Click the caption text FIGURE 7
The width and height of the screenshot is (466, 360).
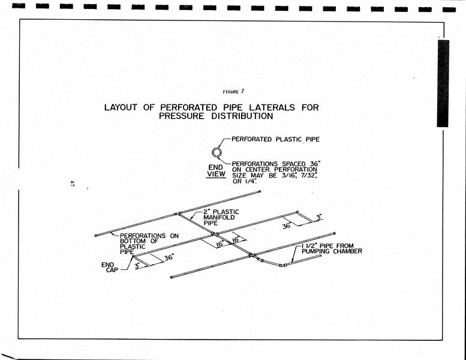(x=233, y=92)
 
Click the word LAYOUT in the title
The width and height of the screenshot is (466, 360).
(x=121, y=107)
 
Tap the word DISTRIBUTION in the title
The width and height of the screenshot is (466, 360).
(x=242, y=116)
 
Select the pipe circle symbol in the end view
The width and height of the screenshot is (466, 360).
(x=217, y=152)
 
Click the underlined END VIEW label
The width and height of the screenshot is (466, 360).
(x=216, y=171)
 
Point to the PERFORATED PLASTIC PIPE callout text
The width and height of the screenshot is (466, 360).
(x=275, y=139)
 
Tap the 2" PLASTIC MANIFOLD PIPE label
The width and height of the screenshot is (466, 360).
(x=221, y=217)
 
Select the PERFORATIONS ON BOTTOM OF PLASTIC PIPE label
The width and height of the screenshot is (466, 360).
(x=149, y=244)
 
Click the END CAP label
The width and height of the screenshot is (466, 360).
(x=110, y=267)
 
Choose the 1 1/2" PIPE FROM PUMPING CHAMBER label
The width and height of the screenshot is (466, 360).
(x=332, y=248)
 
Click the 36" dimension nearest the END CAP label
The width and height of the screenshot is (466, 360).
(x=169, y=257)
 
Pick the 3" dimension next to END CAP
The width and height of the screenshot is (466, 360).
(x=137, y=265)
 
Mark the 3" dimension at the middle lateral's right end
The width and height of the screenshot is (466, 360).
(x=319, y=217)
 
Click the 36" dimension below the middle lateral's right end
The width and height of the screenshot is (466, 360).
(x=287, y=226)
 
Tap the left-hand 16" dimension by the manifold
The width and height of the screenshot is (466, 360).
(x=220, y=244)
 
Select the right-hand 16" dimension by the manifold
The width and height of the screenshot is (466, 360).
(x=236, y=239)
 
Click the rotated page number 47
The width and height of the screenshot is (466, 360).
(x=71, y=183)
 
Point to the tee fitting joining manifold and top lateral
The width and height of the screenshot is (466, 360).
(x=178, y=214)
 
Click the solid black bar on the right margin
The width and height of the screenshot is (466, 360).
(x=443, y=83)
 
